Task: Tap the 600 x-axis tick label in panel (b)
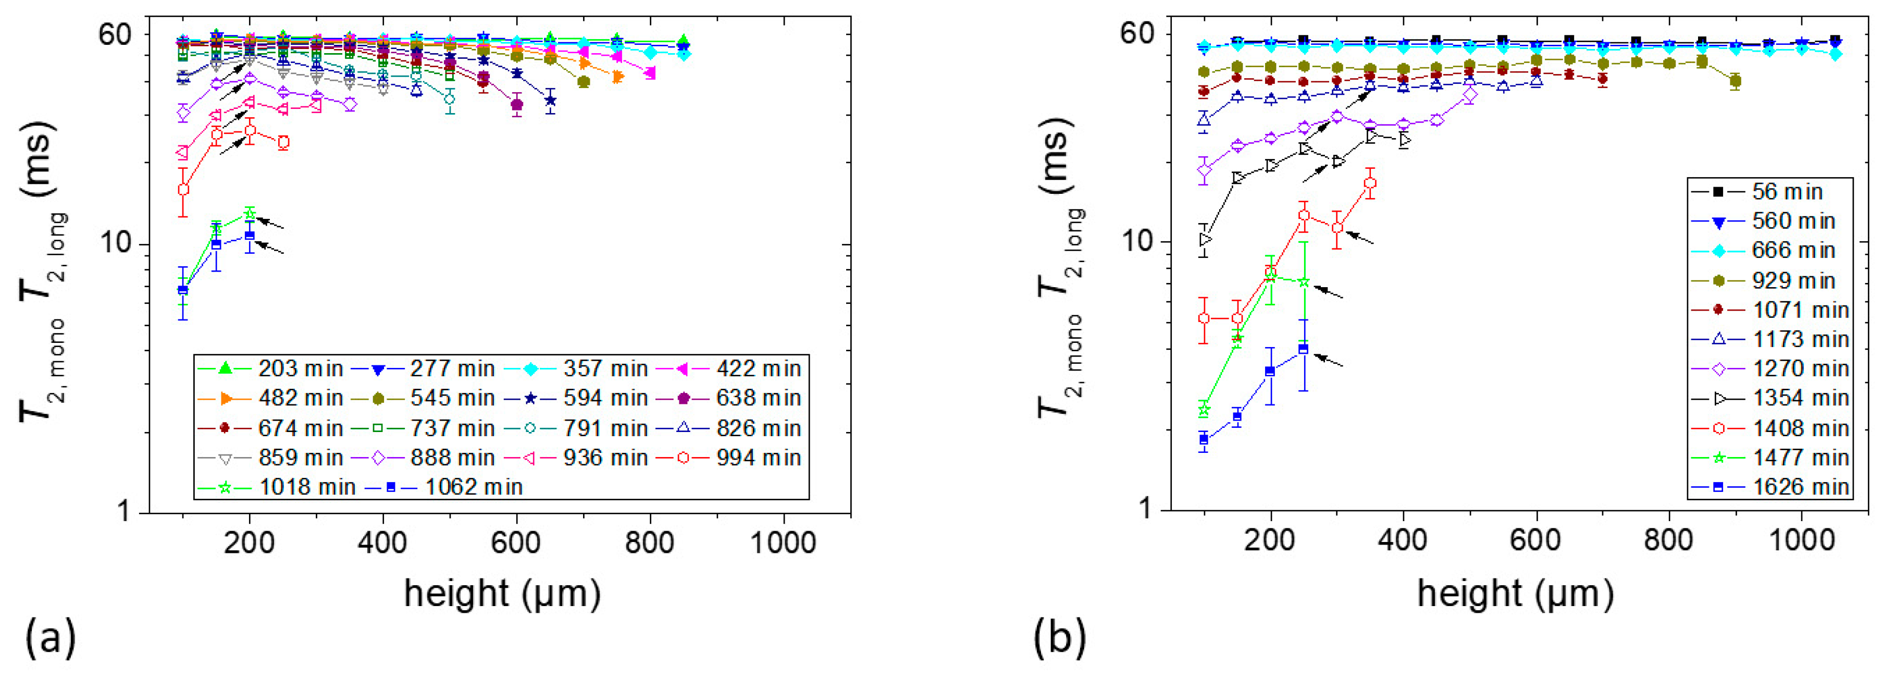click(1536, 540)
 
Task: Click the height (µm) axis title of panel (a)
click(502, 593)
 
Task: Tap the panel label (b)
click(1059, 636)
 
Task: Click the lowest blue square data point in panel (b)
click(1204, 439)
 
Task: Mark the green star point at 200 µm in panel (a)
click(250, 214)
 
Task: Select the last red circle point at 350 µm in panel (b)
click(1370, 183)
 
